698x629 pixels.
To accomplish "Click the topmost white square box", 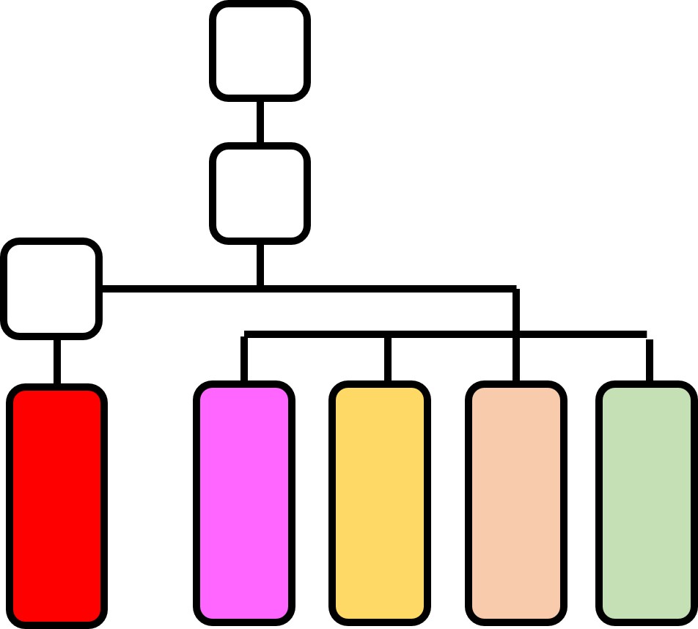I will click(x=260, y=51).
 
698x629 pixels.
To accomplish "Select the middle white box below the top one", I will click(x=260, y=194).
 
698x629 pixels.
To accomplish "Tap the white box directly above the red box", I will click(x=51, y=288).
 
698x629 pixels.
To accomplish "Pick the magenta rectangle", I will click(x=244, y=503).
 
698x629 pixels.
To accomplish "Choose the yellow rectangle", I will click(x=379, y=503).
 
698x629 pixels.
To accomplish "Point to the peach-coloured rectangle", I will click(x=515, y=503).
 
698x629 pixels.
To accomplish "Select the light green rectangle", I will click(x=646, y=503).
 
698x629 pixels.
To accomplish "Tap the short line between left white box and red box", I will click(x=57, y=361).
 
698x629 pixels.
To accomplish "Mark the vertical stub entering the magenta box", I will click(x=244, y=359).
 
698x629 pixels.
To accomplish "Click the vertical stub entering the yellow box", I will click(x=387, y=359).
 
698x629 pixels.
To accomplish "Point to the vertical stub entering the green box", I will click(x=650, y=361).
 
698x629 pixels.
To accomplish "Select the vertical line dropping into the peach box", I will click(x=516, y=359).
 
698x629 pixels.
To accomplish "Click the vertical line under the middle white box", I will click(x=260, y=264).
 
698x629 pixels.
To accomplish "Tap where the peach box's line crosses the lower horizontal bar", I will click(x=516, y=334).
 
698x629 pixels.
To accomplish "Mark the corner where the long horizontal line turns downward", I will click(x=515, y=289).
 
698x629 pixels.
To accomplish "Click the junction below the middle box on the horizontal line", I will click(x=260, y=288).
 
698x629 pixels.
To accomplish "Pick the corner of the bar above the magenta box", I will click(x=245, y=335).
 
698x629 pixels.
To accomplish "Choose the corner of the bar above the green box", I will click(x=647, y=336).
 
